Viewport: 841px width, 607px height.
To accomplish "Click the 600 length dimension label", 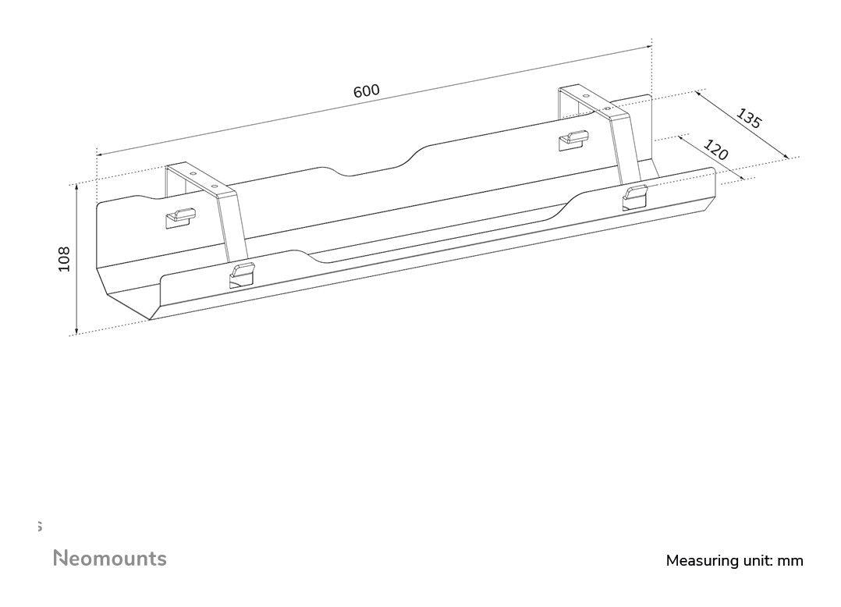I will point(366,91).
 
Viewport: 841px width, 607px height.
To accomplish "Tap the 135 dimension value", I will point(748,118).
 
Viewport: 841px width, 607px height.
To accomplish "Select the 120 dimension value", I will point(715,150).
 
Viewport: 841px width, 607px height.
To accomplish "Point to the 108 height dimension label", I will point(64,259).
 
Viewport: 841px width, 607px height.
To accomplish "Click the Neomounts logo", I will point(109,559).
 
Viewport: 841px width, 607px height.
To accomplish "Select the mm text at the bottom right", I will point(790,560).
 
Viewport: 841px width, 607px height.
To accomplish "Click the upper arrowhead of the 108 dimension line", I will point(76,188).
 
